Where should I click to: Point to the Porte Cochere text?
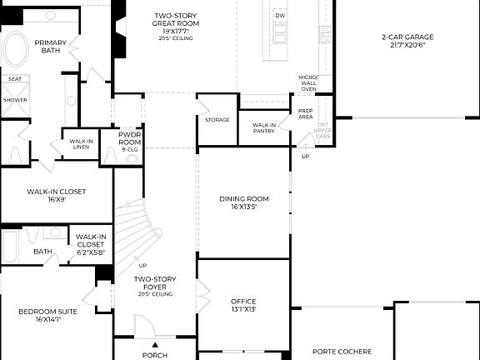coord(342,352)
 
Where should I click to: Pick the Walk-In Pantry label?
coord(258,127)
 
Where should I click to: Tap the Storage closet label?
coord(217,120)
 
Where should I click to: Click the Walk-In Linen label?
coord(81,144)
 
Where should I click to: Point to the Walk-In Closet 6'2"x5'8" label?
coord(90,240)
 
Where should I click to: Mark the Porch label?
coord(155,355)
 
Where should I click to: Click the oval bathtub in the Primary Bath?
coord(16,51)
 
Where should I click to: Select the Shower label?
coord(15,99)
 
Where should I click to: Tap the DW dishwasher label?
coord(280,16)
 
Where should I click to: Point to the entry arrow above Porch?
coord(154,344)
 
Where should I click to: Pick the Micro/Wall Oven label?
coord(308,82)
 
